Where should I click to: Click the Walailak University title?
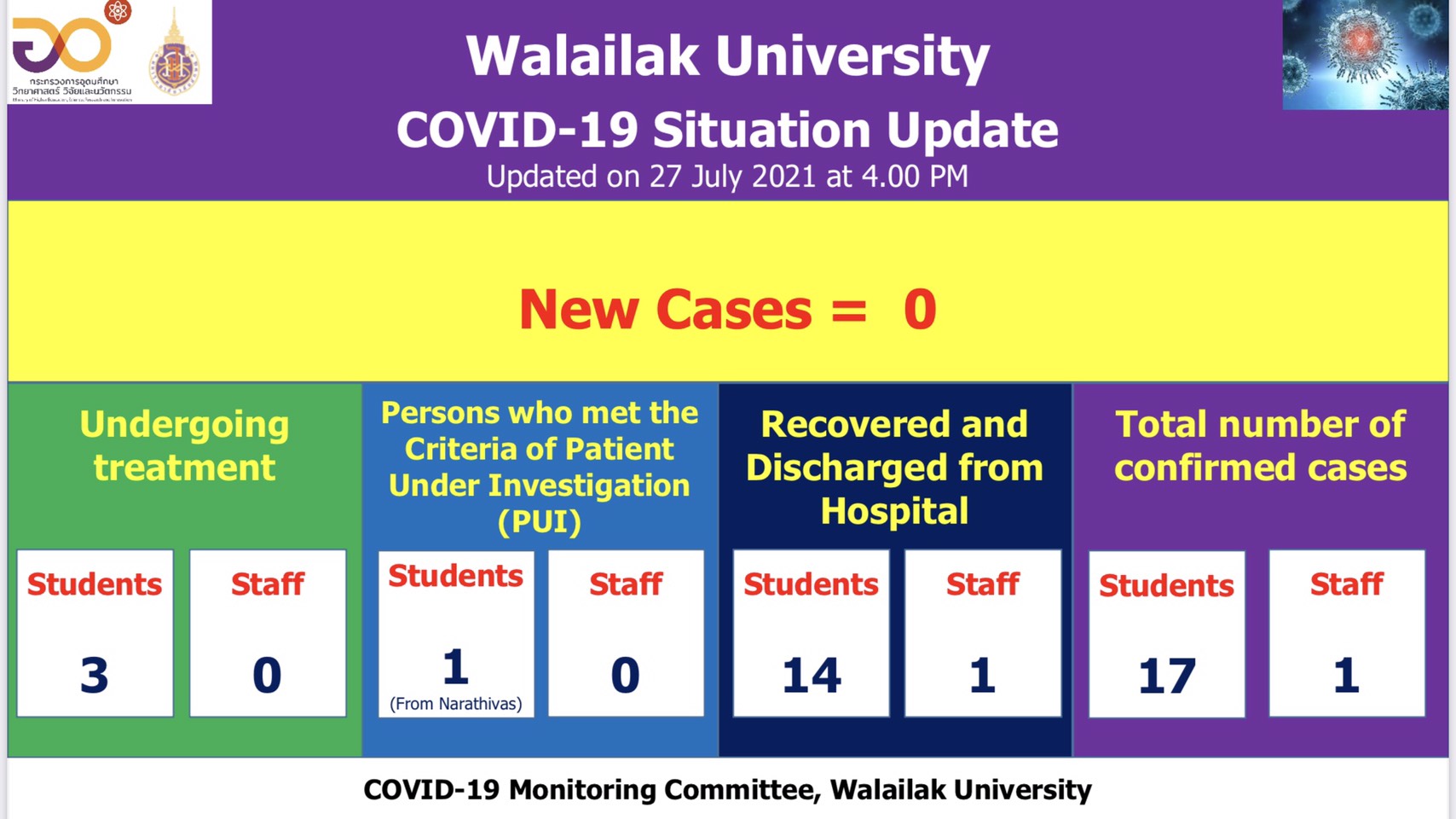tap(727, 57)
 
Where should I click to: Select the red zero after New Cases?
tap(920, 309)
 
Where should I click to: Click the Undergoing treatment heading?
tap(184, 445)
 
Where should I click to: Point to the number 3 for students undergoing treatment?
tap(95, 675)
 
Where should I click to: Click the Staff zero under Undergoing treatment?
tap(267, 675)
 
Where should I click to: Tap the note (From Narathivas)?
tap(455, 704)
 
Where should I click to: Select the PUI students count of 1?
tap(455, 666)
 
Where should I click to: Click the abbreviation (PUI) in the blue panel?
tap(539, 521)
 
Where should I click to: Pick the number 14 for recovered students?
tap(812, 675)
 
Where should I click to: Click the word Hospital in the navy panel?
tap(894, 511)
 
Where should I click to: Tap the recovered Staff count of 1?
tap(982, 675)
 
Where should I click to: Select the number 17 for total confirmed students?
tap(1167, 676)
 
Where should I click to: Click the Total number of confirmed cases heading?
tap(1260, 445)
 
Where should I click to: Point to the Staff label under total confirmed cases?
tap(1346, 584)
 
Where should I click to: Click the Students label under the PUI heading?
tap(455, 577)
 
